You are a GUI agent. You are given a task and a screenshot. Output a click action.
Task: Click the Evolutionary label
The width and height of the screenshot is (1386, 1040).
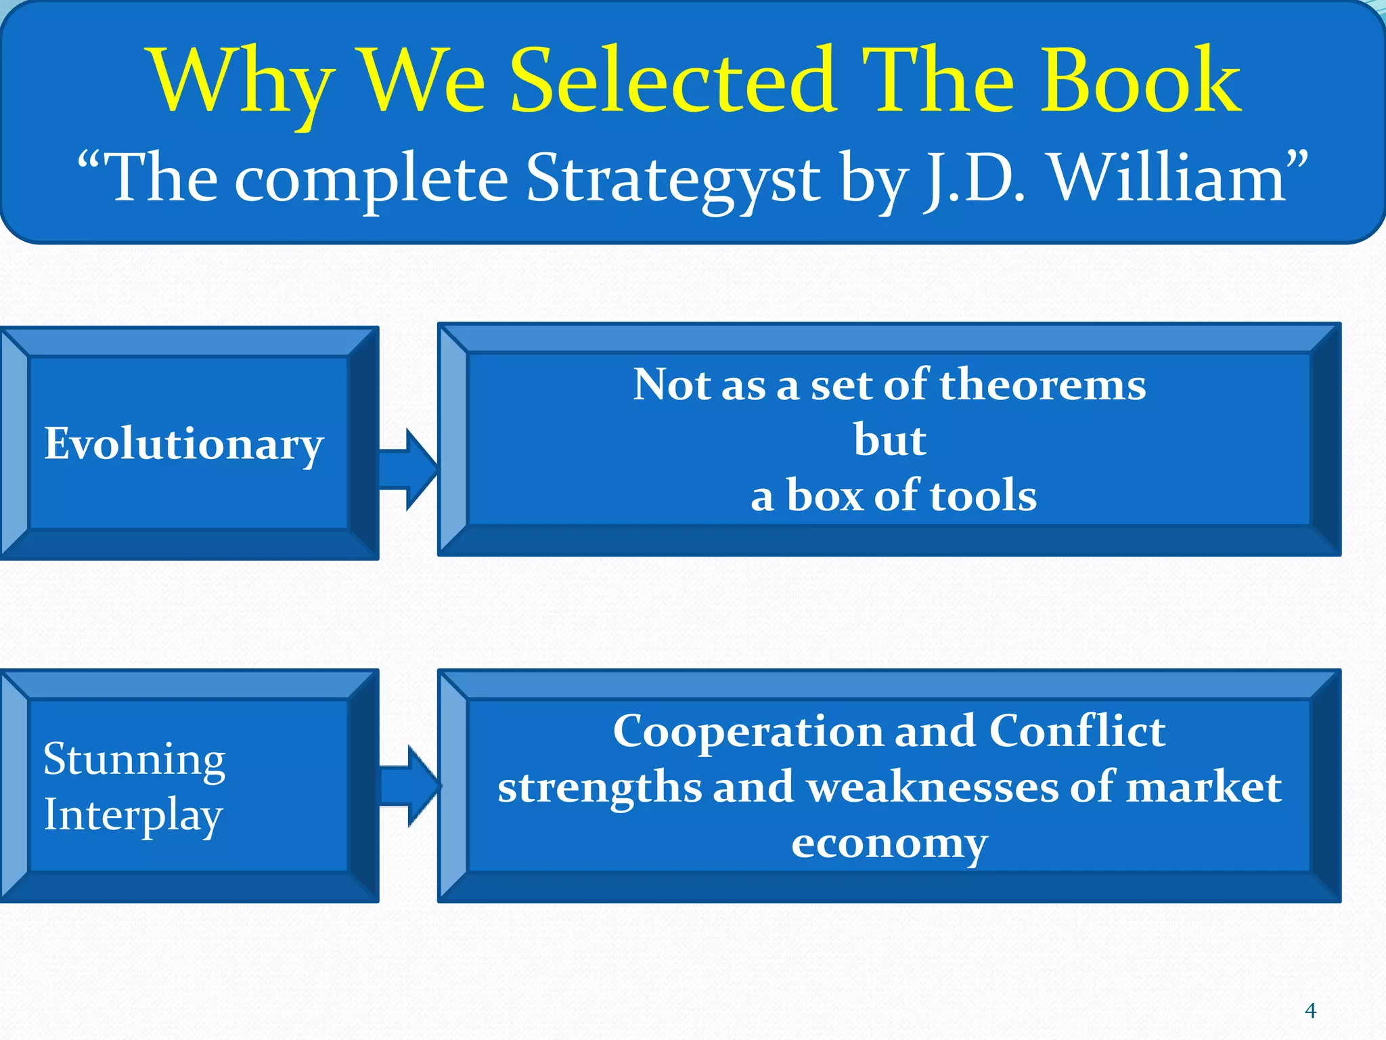pyautogui.click(x=184, y=445)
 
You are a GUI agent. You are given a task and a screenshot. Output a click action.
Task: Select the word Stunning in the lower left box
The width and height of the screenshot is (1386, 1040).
pyautogui.click(x=134, y=760)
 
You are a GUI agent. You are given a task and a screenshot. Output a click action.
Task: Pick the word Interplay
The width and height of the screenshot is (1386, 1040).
pyautogui.click(x=133, y=815)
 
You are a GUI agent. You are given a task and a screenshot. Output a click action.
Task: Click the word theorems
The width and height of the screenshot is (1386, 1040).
pyautogui.click(x=1042, y=385)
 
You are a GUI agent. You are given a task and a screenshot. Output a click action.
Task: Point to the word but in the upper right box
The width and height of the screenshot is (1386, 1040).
pyautogui.click(x=889, y=440)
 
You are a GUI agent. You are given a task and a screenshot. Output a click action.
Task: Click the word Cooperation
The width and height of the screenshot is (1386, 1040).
pyautogui.click(x=747, y=731)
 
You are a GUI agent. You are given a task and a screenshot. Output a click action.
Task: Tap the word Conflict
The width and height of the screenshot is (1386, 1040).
pyautogui.click(x=1077, y=731)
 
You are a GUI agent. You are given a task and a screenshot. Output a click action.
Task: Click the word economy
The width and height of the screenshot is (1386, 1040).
pyautogui.click(x=889, y=844)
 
